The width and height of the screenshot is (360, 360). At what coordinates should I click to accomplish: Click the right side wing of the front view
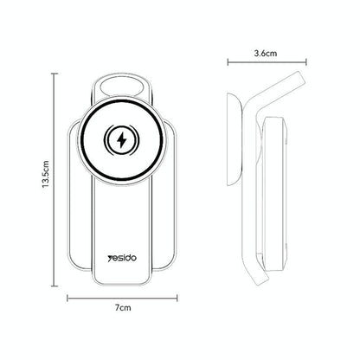pos(171,199)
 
